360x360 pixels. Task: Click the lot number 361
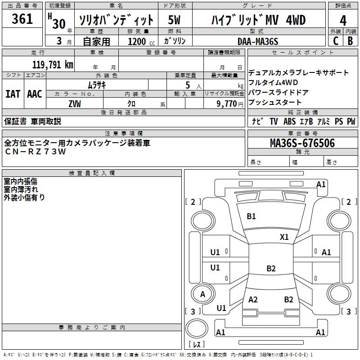pyautogui.click(x=22, y=19)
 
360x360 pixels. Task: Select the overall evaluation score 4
pyautogui.click(x=343, y=21)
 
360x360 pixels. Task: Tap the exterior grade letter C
pyautogui.click(x=335, y=41)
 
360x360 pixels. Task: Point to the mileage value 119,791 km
pyautogui.click(x=53, y=64)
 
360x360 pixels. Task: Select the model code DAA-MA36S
pyautogui.click(x=258, y=41)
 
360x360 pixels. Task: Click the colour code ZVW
pyautogui.click(x=75, y=103)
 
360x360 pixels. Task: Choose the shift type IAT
pyautogui.click(x=13, y=94)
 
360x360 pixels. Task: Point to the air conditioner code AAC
pyautogui.click(x=35, y=94)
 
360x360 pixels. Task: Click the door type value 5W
pyautogui.click(x=175, y=21)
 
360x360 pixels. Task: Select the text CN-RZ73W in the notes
pyautogui.click(x=36, y=152)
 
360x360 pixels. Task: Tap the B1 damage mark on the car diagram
pyautogui.click(x=251, y=216)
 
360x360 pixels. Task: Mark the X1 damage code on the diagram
pyautogui.click(x=284, y=237)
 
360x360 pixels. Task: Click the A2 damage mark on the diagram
pyautogui.click(x=253, y=300)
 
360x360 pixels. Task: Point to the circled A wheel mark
pyautogui.click(x=203, y=294)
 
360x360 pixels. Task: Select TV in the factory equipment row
pyautogui.click(x=274, y=121)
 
